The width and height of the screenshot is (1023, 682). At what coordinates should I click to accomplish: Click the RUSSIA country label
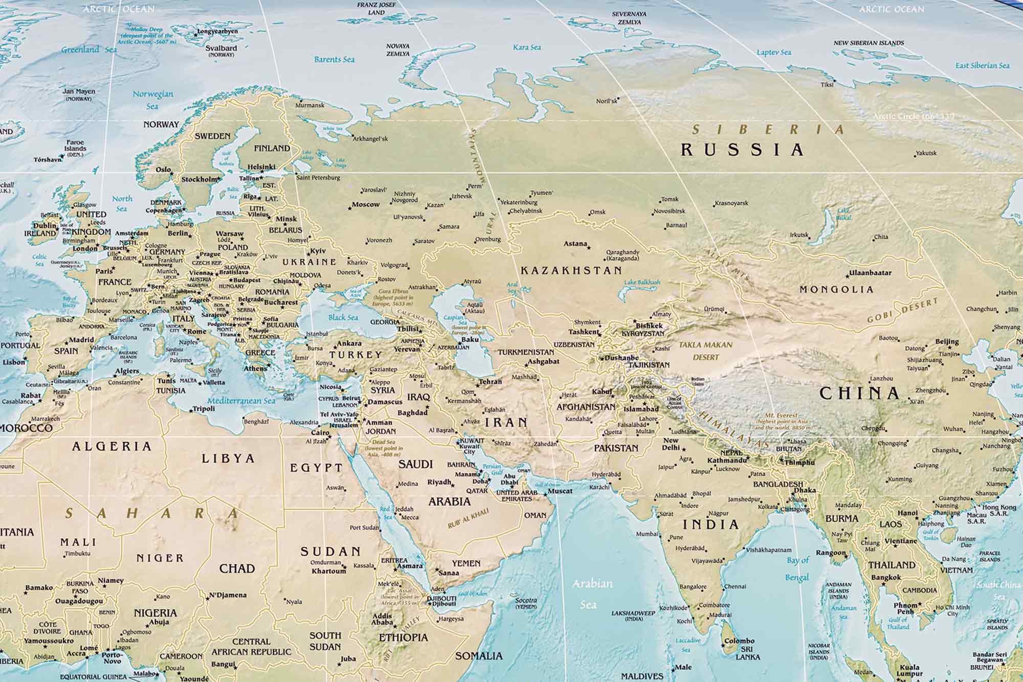pos(742,149)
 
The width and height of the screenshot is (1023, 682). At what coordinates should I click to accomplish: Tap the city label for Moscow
pos(366,205)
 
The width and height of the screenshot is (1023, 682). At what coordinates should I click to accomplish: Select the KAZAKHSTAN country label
pos(571,270)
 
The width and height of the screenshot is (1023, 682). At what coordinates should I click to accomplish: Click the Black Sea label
pos(343,317)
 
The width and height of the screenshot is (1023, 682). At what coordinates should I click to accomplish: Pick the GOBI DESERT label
pos(903,311)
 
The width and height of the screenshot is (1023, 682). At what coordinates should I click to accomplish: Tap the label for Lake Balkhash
pos(642,282)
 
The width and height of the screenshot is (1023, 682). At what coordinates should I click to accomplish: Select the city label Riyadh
pos(439,482)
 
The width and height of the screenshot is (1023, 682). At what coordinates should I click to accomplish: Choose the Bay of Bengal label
pos(798,568)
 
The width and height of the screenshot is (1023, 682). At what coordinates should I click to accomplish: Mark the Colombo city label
pos(739,641)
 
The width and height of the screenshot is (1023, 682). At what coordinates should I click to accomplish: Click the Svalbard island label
pos(221,48)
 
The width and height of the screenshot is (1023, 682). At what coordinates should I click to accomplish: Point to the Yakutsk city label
pos(926,153)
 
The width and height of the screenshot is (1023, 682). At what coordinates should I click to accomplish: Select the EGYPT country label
pos(316,467)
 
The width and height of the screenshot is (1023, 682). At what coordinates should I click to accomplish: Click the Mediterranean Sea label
pos(241,401)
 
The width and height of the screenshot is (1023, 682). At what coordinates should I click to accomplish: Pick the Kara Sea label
pos(527,47)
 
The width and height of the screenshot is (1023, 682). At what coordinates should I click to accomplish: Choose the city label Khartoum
pos(329,570)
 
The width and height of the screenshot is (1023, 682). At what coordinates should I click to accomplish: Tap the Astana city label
pos(575,244)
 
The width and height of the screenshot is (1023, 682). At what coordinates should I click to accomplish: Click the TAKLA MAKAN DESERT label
pos(705,350)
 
